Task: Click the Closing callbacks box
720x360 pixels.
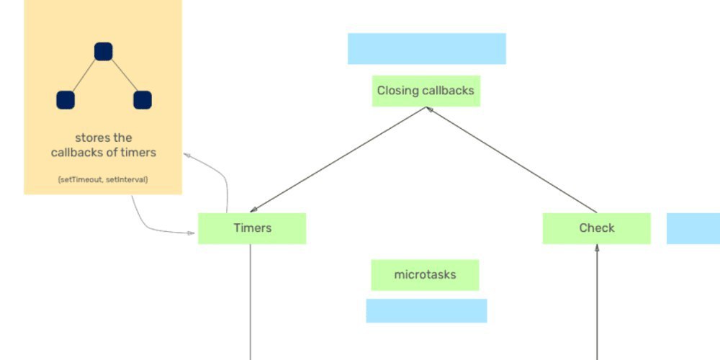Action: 426,91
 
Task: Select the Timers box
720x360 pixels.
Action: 252,228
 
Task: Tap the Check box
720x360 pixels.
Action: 596,228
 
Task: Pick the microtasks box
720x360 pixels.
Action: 425,275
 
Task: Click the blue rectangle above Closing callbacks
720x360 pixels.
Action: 426,48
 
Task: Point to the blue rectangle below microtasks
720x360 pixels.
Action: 426,310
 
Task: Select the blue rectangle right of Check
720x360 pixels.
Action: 693,228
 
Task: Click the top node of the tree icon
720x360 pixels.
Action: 104,51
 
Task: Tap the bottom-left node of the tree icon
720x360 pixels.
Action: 66,100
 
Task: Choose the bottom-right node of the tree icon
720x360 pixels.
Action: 143,100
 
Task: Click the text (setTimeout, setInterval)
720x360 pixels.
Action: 103,179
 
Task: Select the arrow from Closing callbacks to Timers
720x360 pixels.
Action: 338,160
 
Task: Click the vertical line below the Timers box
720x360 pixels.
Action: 251,302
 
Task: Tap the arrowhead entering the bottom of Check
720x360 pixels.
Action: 597,249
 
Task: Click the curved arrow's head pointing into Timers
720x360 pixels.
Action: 193,233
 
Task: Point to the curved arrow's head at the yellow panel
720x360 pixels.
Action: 187,154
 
